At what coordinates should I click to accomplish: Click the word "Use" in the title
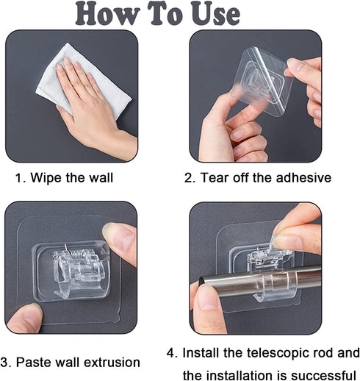point(215,13)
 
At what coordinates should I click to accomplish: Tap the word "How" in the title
point(107,13)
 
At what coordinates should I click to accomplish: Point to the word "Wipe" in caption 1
point(46,178)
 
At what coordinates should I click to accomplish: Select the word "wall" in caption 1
point(101,177)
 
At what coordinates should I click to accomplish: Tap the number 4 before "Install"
point(171,353)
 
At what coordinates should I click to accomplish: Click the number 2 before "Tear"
point(189,178)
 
